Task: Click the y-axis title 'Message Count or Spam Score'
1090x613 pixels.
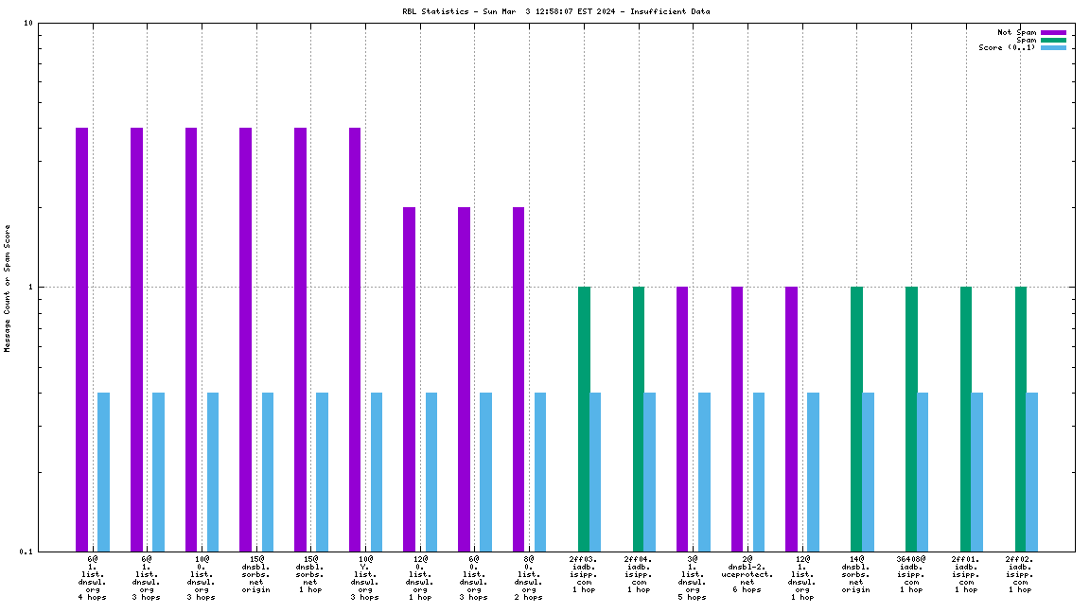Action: [8, 289]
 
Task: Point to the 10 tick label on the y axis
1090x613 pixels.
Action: [28, 24]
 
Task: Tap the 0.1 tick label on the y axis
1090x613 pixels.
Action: [26, 552]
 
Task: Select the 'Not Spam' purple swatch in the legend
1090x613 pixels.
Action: [1053, 32]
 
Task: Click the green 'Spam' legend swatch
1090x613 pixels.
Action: [1053, 40]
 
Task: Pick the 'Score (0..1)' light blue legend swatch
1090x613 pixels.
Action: [1053, 47]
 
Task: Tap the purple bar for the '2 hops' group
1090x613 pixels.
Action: [519, 378]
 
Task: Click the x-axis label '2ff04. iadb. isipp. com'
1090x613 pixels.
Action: [639, 574]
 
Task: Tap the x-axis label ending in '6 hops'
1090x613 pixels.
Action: [747, 574]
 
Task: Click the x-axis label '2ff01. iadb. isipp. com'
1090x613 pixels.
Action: [966, 574]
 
